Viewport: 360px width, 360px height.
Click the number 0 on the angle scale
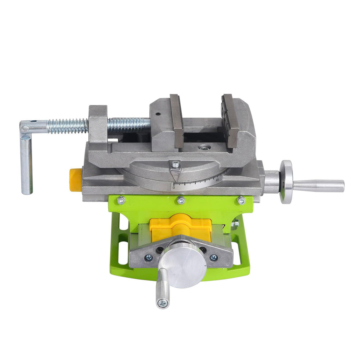(174, 187)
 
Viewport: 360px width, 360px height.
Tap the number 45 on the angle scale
(217, 180)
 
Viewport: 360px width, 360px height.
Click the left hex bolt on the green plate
(120, 200)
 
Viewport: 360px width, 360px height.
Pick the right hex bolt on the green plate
(242, 200)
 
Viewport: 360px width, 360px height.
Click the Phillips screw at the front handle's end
(163, 302)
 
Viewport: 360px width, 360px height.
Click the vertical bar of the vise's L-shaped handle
(26, 166)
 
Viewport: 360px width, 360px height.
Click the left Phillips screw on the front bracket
(148, 257)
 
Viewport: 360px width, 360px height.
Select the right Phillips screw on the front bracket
(214, 257)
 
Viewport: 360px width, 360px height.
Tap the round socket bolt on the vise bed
(204, 147)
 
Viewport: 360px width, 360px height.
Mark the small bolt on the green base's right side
(235, 222)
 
